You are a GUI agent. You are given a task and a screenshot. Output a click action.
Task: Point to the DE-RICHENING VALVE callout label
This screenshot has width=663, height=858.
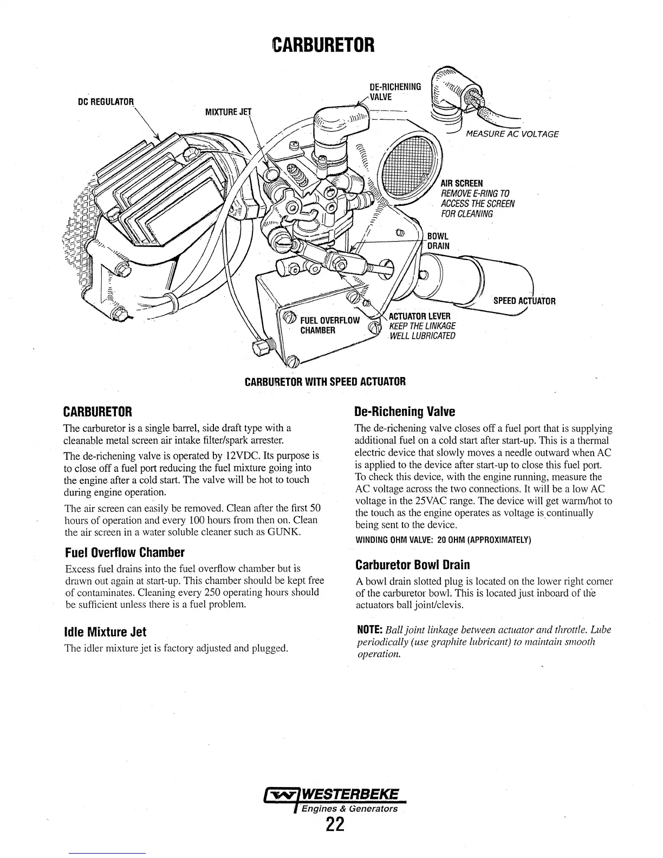tap(395, 91)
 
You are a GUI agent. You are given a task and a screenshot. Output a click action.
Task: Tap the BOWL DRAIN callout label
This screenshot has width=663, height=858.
tap(438, 241)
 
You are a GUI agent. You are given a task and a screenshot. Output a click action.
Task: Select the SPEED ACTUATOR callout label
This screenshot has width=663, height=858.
tap(524, 301)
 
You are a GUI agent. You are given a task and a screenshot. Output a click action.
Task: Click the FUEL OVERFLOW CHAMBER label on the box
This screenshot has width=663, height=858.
tap(329, 325)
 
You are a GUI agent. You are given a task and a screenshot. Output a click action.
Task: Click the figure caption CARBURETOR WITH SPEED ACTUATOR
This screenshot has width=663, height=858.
tap(325, 381)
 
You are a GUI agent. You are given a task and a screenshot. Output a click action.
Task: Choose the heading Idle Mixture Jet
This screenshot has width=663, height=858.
tap(106, 632)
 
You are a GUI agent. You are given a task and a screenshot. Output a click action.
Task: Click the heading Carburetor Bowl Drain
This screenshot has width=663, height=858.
tap(413, 565)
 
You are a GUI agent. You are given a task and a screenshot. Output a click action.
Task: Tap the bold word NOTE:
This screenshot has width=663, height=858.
tap(370, 630)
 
